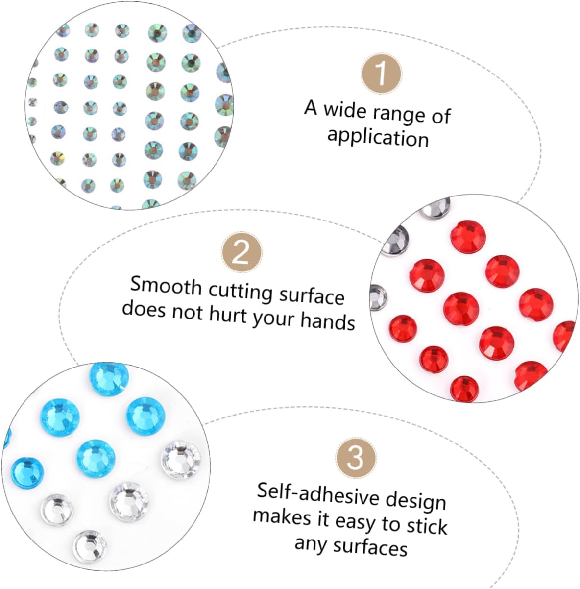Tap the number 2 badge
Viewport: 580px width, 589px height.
(x=242, y=253)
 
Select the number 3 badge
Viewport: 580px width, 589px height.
(x=356, y=457)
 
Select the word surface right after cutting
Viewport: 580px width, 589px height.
(x=312, y=295)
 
